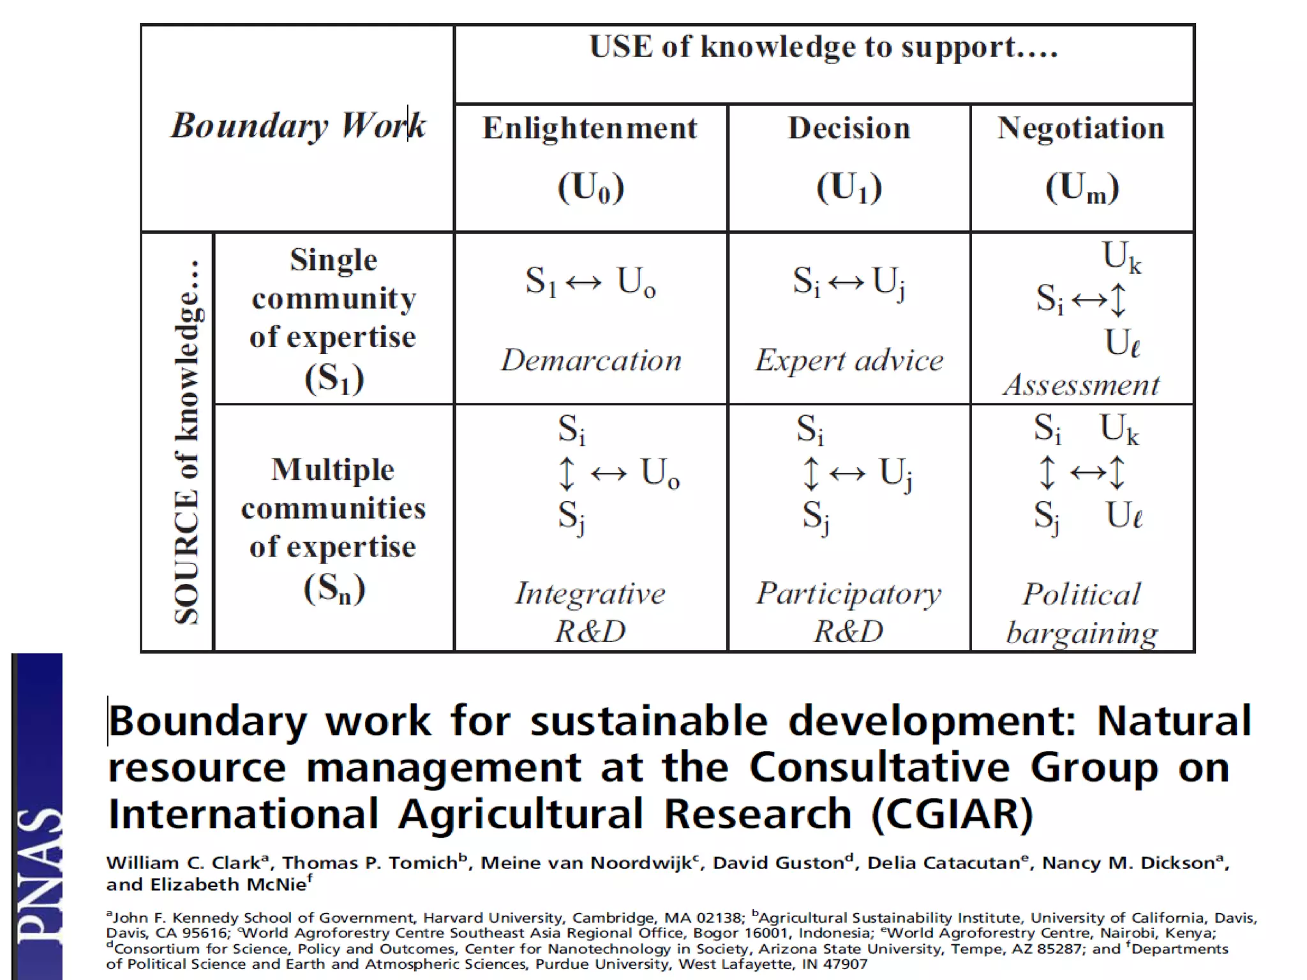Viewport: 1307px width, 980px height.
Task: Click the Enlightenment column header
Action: click(x=590, y=128)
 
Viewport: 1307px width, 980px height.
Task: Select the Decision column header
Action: click(x=849, y=128)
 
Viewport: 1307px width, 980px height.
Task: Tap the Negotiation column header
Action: click(x=1081, y=128)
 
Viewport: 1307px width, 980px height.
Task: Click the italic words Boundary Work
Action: click(x=297, y=125)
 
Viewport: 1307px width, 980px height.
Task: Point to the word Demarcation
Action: click(x=591, y=360)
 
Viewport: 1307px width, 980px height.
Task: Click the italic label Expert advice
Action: click(x=849, y=360)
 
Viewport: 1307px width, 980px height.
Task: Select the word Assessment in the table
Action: click(x=1081, y=385)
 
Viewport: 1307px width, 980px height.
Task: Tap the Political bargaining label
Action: click(x=1081, y=612)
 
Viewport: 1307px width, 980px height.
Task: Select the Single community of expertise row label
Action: click(x=333, y=318)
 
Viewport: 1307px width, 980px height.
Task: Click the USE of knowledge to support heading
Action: click(x=823, y=47)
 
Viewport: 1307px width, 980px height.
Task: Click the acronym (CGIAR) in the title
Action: click(x=952, y=815)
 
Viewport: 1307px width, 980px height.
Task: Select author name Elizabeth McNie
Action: click(x=228, y=885)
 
